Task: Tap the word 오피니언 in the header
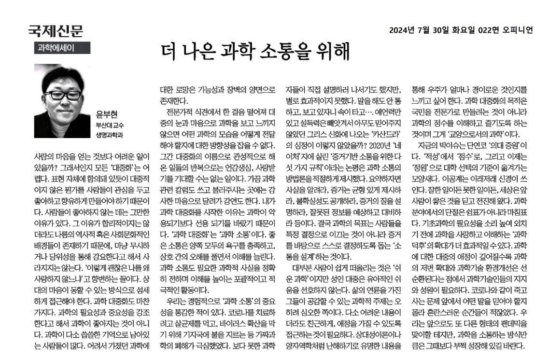pos(518,30)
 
